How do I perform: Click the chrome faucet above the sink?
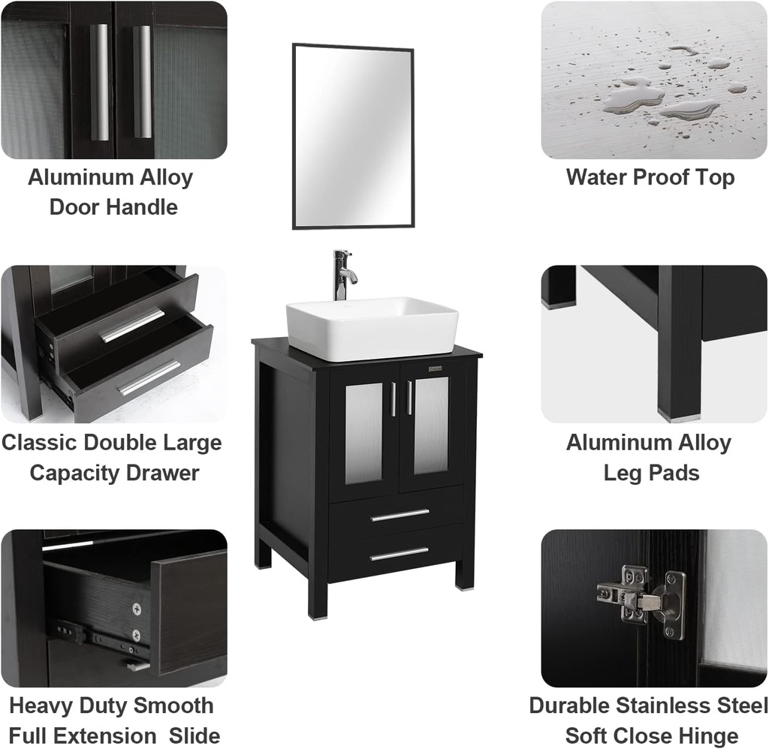tap(343, 275)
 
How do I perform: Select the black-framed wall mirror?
tap(353, 137)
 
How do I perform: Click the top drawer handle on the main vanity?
tap(400, 515)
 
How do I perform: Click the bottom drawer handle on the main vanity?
tap(400, 554)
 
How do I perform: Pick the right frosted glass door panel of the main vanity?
tap(431, 425)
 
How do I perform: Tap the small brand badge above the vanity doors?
tap(435, 368)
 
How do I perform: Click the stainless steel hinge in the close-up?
tap(643, 600)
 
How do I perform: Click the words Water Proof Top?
tap(650, 177)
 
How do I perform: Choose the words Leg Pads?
tap(651, 473)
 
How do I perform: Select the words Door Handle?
tap(113, 207)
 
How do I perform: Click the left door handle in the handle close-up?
tap(99, 83)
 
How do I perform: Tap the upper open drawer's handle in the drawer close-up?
tap(132, 325)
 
